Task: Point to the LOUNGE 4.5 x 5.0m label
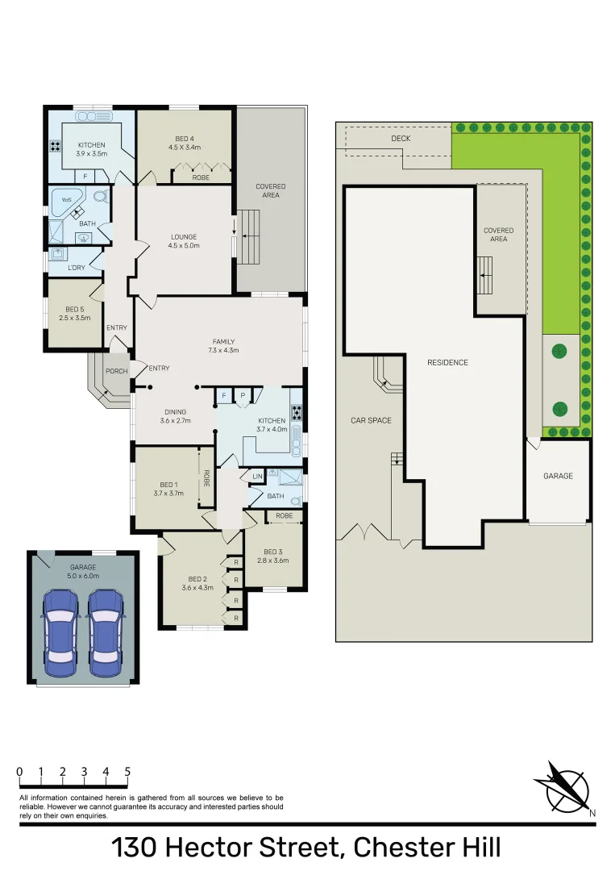tap(185, 241)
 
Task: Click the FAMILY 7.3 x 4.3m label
tap(223, 346)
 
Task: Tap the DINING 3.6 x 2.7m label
tap(175, 416)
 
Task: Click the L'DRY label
tap(77, 268)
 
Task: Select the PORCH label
tap(117, 372)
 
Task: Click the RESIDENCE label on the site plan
tap(447, 363)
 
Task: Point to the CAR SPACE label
tap(371, 420)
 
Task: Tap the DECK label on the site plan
tap(401, 139)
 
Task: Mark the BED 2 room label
tap(198, 583)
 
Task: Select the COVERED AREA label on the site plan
tap(499, 235)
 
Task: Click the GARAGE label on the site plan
tap(558, 476)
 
